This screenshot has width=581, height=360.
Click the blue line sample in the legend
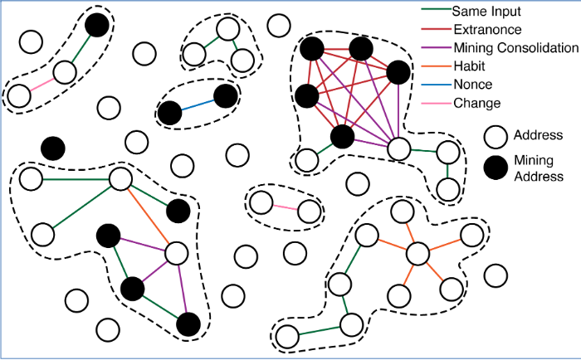[434, 85]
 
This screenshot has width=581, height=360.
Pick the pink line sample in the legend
[434, 103]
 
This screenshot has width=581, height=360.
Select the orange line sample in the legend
[434, 66]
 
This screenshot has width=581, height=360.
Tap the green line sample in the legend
[434, 12]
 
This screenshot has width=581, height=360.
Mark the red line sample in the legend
[434, 30]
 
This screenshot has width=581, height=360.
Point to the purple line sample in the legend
[434, 48]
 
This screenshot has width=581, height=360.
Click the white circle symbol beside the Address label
[496, 135]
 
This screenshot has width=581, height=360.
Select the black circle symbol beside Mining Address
[496, 166]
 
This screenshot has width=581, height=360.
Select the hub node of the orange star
[417, 253]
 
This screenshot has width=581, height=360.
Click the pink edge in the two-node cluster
[285, 206]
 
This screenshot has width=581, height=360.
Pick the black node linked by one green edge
[96, 26]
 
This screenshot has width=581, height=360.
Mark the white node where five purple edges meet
[399, 149]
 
